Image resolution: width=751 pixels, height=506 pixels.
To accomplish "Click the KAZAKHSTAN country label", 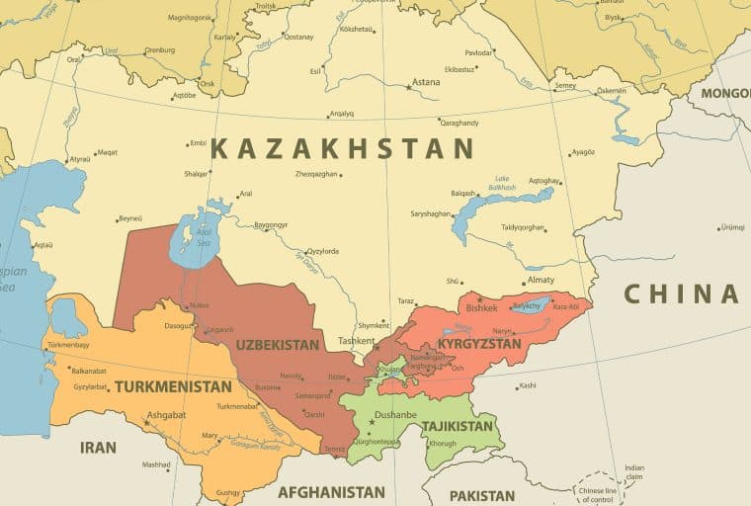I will [342, 149].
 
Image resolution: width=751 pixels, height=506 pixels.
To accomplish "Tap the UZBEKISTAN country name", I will [278, 345].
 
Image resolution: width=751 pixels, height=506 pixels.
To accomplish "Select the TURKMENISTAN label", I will [173, 386].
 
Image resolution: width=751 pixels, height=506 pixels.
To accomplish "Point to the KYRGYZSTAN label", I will [479, 344].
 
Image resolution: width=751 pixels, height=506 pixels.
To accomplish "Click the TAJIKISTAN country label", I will [457, 426].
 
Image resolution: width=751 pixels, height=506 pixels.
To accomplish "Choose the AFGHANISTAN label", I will [331, 491].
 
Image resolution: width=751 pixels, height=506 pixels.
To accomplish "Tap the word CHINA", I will [682, 294].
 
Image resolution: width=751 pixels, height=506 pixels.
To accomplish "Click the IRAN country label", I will [98, 448].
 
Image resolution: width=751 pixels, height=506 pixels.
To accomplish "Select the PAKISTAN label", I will [482, 495].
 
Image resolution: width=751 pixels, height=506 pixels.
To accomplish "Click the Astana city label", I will [426, 82].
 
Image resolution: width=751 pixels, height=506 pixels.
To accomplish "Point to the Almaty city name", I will [541, 280].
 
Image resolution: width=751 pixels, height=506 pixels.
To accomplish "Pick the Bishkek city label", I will [481, 307].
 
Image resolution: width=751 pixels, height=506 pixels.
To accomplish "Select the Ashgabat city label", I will [165, 415].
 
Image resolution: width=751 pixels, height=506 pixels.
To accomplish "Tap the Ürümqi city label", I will [731, 226].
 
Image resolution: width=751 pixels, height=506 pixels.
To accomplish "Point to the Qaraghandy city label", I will [459, 123].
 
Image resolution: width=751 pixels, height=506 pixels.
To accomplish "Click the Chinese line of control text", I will [598, 494].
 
